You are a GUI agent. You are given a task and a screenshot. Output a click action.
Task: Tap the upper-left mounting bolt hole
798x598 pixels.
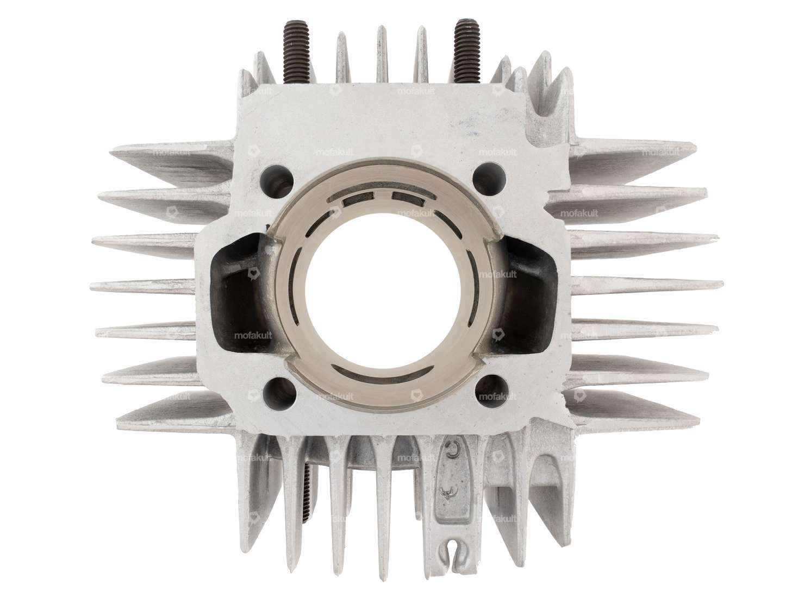pos(271,175)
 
